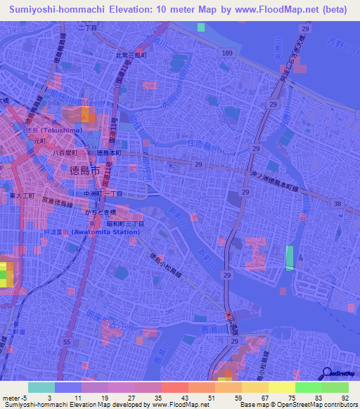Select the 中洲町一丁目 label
[103, 193]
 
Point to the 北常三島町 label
[131, 54]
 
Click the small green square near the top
[202, 27]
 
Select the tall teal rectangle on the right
[290, 258]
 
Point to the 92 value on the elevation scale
[344, 398]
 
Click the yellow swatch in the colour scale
[281, 387]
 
